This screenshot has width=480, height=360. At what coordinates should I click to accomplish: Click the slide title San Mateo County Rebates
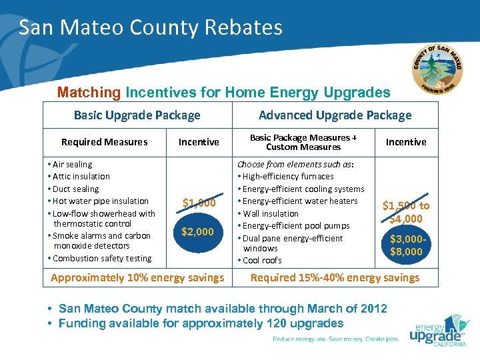point(151,27)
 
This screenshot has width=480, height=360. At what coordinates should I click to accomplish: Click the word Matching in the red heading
point(89,92)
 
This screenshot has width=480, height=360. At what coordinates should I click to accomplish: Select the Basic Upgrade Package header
point(137,115)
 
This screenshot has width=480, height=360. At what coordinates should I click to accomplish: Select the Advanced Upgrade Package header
point(335,115)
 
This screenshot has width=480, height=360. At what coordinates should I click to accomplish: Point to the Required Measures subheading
point(104,141)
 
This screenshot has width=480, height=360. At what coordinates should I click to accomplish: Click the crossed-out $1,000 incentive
point(199,203)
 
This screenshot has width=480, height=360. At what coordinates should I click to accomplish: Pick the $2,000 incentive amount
point(198,232)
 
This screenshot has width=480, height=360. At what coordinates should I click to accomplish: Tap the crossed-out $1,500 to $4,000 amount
point(405,212)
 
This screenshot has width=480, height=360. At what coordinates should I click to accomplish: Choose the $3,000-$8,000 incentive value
point(405,245)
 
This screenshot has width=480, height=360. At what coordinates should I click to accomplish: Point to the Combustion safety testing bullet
point(101,258)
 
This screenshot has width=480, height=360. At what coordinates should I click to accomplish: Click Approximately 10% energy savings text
point(137,277)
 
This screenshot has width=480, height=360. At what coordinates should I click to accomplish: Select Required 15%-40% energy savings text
point(335,277)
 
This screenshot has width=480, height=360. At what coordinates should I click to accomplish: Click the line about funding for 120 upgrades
point(201,323)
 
